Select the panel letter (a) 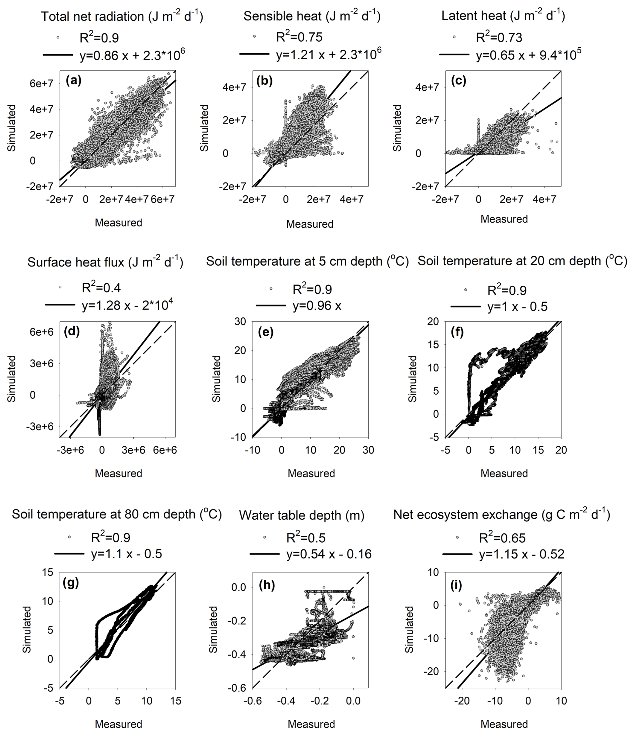[73, 81]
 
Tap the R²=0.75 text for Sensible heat [299, 37]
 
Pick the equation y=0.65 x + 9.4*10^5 [528, 55]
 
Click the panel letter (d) [72, 332]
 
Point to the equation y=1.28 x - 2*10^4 [127, 305]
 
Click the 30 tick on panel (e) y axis [240, 321]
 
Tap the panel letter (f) [457, 332]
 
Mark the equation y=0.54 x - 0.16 [329, 554]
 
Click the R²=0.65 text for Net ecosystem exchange [502, 538]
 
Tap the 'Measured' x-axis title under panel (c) [504, 219]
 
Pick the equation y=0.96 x [317, 305]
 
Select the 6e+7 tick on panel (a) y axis [42, 83]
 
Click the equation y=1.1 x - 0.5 [126, 554]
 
